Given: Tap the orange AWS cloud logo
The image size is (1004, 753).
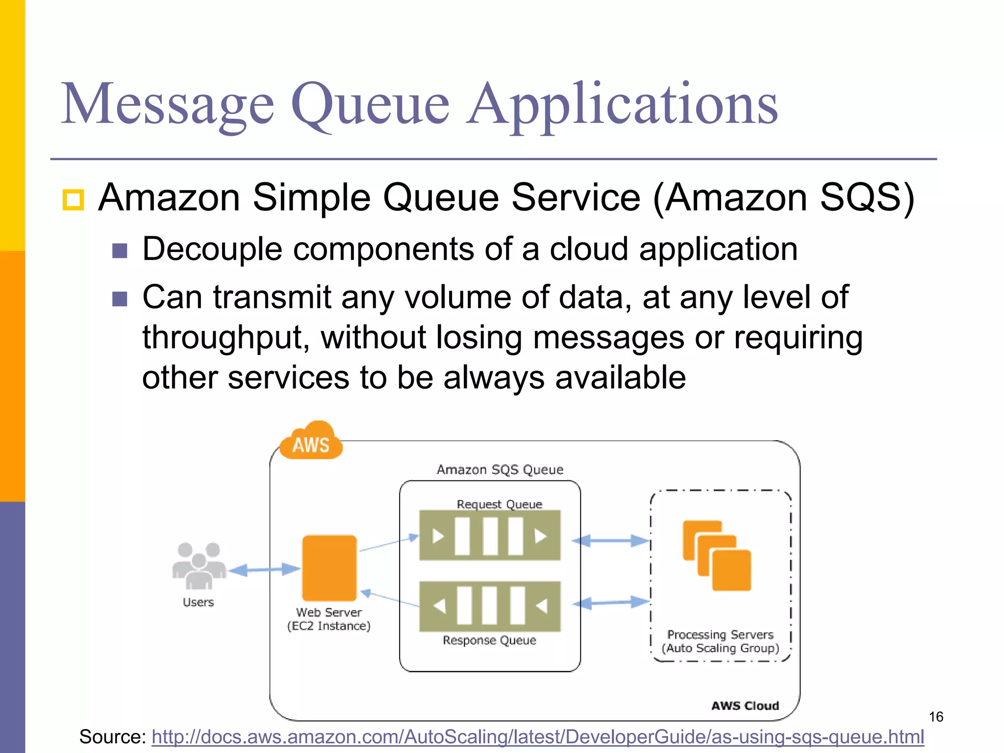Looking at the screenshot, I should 310,442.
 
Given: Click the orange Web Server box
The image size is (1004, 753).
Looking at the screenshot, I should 329,568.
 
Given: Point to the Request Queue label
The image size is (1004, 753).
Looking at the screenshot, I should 499,504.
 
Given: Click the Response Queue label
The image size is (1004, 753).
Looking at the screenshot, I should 489,640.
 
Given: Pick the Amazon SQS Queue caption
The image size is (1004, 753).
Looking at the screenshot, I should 500,470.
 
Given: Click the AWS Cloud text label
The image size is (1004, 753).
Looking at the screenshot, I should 745,705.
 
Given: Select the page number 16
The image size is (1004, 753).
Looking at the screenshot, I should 935,717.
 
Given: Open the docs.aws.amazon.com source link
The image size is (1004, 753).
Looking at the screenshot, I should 537,737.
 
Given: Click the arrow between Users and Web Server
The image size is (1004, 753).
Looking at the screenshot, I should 264,570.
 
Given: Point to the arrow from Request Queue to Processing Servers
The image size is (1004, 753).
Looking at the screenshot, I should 611,541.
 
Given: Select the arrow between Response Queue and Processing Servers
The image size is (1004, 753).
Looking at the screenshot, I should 611,602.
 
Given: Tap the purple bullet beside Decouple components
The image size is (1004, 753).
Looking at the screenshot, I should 120,251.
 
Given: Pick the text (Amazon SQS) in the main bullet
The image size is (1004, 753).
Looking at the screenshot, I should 784,198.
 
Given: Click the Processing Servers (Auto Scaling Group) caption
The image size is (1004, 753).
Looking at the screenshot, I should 720,641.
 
